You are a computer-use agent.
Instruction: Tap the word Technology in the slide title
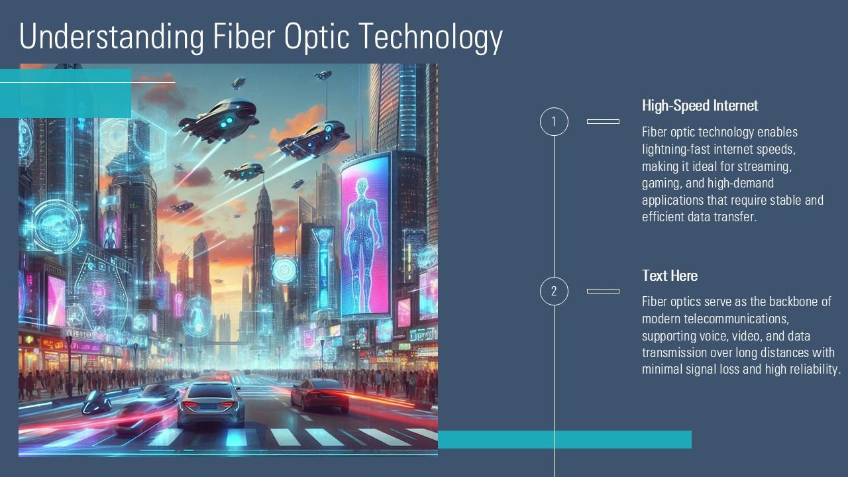(431, 37)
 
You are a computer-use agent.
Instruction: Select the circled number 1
(554, 122)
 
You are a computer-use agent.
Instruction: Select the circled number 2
(554, 291)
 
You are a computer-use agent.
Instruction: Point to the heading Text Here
(669, 276)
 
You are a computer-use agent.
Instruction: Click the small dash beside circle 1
(603, 122)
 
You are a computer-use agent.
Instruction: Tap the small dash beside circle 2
(603, 291)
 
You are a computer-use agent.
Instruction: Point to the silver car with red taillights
(211, 403)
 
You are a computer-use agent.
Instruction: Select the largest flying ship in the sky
(219, 119)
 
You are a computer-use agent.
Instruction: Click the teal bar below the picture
(564, 439)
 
